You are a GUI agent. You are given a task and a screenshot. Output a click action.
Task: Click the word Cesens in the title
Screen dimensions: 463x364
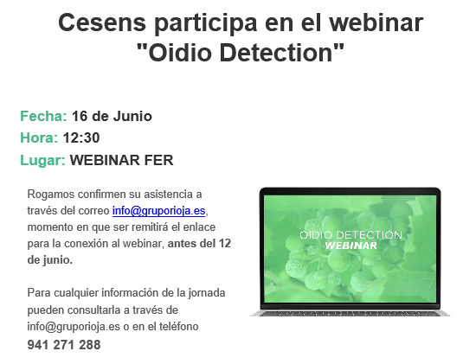click(102, 22)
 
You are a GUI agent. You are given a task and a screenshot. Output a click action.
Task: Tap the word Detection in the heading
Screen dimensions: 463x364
click(276, 53)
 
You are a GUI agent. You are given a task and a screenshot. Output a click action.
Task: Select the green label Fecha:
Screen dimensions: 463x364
click(43, 116)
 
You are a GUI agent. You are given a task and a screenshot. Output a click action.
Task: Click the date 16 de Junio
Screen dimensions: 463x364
click(112, 116)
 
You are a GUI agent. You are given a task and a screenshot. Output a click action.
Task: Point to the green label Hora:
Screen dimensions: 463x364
click(39, 137)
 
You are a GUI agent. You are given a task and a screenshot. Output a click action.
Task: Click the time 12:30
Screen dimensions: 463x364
click(81, 137)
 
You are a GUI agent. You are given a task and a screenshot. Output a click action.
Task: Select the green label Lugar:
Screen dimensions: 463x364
click(42, 161)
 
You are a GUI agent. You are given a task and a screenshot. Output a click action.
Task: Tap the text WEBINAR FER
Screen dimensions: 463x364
click(122, 160)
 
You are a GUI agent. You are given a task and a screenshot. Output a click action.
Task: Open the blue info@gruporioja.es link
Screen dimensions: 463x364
click(158, 211)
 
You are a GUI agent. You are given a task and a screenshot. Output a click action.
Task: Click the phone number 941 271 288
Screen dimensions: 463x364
click(64, 344)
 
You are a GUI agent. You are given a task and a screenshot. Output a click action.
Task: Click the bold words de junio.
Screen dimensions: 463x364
click(49, 260)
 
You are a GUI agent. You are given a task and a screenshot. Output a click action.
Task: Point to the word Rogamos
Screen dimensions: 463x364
click(51, 195)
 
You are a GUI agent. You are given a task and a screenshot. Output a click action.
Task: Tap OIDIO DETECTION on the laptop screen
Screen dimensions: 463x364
click(350, 235)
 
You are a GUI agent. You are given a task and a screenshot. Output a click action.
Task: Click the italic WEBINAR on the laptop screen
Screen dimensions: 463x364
click(350, 246)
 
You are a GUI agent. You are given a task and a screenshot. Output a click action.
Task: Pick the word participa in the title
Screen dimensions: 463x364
click(205, 24)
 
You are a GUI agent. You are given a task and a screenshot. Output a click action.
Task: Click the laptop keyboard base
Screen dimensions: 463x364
click(350, 313)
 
